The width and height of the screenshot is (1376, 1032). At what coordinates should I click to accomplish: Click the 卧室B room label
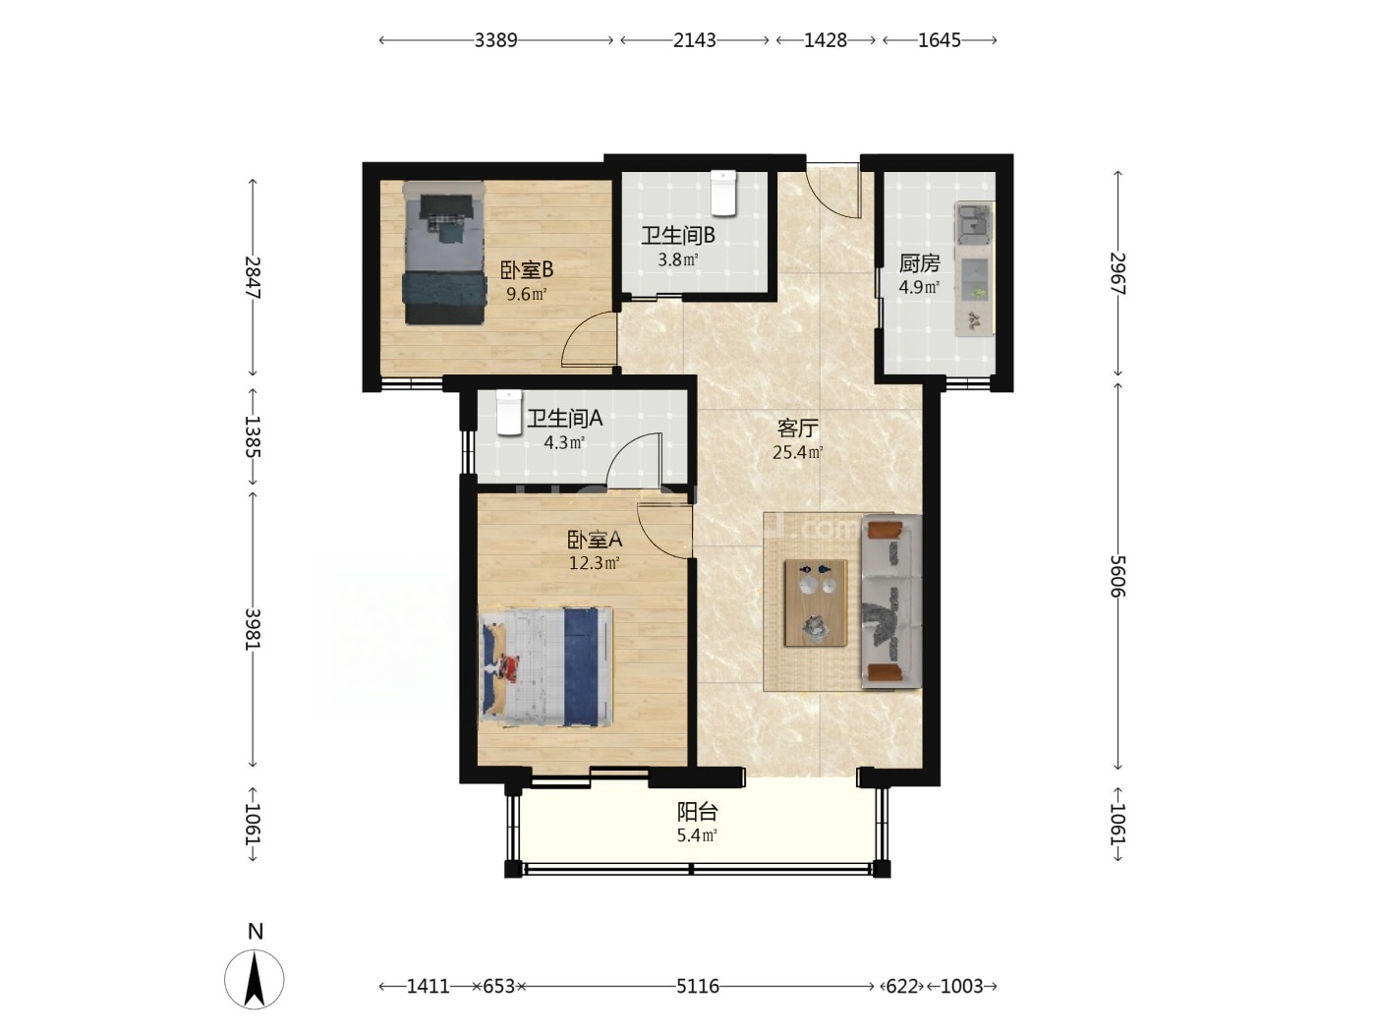(526, 270)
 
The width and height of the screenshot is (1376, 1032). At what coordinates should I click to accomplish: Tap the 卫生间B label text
(677, 236)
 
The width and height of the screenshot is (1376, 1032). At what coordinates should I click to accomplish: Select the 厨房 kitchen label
(919, 263)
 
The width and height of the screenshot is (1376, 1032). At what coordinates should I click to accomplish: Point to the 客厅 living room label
(797, 428)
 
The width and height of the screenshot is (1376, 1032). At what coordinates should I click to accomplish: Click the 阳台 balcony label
(697, 812)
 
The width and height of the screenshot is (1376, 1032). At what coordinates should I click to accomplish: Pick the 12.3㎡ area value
(594, 562)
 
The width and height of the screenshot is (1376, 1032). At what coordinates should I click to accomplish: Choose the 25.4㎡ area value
(797, 452)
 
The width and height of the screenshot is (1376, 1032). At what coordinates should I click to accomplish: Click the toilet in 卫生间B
(723, 193)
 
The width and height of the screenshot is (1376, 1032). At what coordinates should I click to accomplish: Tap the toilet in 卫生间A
(509, 413)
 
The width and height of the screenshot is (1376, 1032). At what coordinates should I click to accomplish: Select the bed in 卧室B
(445, 254)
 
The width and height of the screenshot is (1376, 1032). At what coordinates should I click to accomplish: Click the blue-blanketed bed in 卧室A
(545, 666)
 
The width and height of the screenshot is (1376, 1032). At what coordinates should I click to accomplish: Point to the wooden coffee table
(816, 602)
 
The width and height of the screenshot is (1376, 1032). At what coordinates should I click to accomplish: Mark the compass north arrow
(254, 979)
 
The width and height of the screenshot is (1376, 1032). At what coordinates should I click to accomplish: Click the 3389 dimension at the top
(495, 40)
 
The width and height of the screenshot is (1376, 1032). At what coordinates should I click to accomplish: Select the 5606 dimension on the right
(1118, 577)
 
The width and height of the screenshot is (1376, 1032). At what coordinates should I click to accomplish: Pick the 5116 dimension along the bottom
(698, 986)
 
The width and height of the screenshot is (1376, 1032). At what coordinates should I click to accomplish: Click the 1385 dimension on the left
(253, 436)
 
